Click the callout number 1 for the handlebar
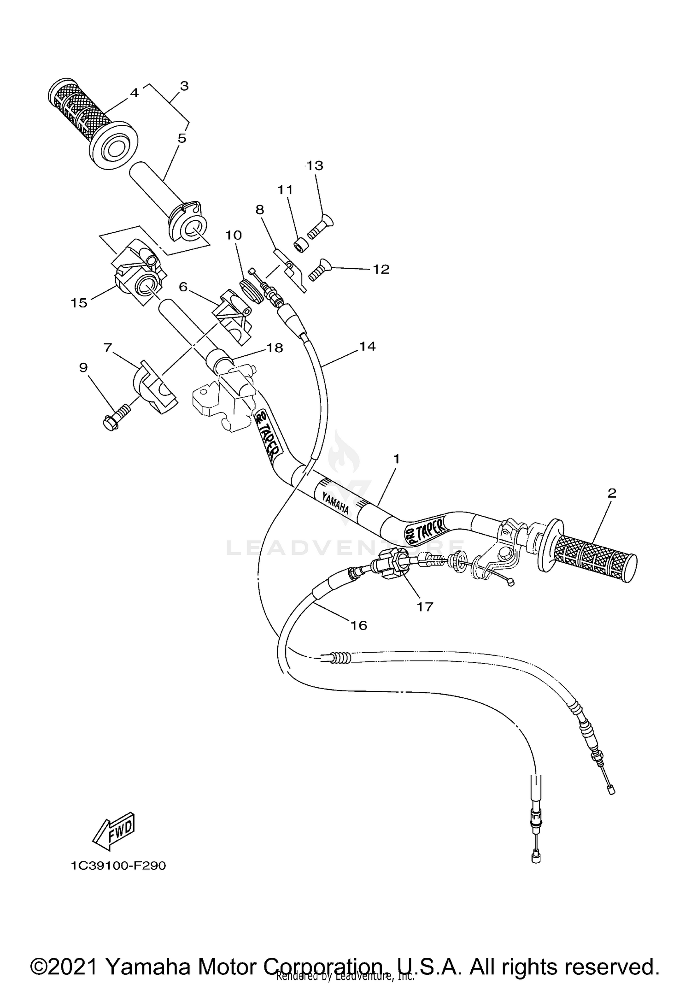pos(396,459)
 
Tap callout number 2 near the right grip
pos(611,493)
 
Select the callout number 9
pos(83,367)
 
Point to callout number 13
pos(315,165)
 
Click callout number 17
pos(425,607)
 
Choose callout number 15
pos(79,303)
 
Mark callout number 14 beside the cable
pos(367,346)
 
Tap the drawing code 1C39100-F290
pos(118,866)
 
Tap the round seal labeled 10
pos(252,290)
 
